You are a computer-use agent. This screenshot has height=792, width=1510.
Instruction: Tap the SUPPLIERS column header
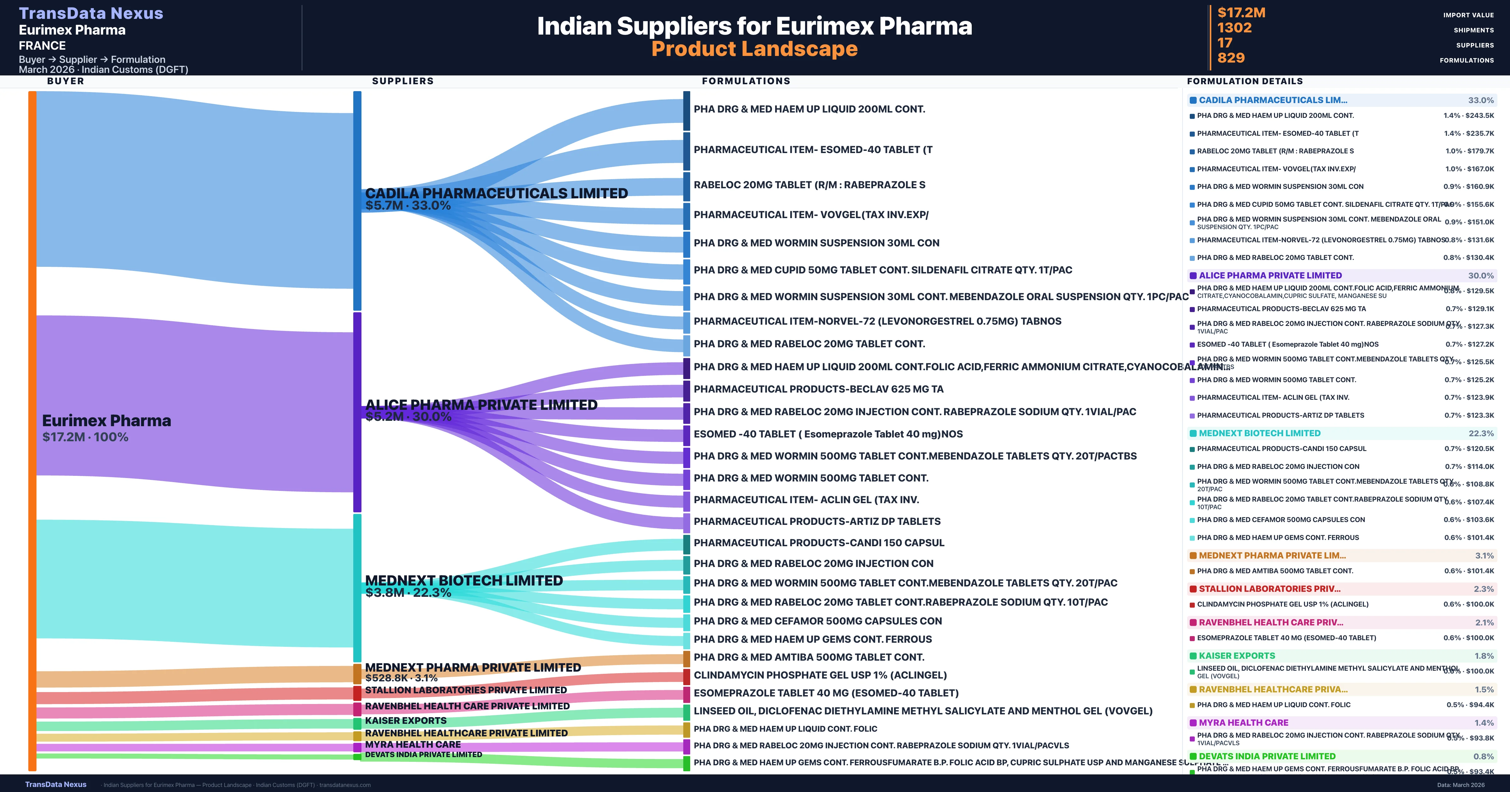pyautogui.click(x=403, y=81)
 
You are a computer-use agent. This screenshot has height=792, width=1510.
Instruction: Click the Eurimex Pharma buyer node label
pyautogui.click(x=106, y=421)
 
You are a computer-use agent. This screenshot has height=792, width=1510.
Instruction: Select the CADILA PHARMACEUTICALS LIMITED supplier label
pyautogui.click(x=496, y=193)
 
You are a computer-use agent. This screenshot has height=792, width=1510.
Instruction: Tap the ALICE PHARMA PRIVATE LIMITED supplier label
pyautogui.click(x=481, y=405)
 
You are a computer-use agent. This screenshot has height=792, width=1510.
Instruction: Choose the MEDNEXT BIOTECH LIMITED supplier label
pyautogui.click(x=464, y=580)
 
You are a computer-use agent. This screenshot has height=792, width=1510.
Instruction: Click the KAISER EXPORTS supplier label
pyautogui.click(x=405, y=721)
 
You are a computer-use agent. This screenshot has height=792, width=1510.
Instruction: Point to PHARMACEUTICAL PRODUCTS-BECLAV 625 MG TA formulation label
pyautogui.click(x=818, y=389)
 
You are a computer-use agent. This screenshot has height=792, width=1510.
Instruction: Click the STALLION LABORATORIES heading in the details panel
pyautogui.click(x=1269, y=589)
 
